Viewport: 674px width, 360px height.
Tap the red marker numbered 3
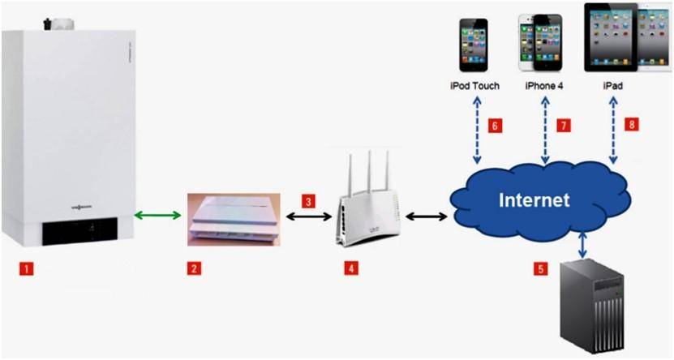tap(307, 199)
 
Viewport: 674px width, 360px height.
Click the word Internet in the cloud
tap(534, 199)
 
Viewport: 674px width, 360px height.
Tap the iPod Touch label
tap(474, 84)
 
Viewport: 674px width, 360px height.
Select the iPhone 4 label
tap(544, 84)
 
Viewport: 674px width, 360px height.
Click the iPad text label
tap(613, 84)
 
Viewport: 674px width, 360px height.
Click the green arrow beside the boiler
tap(157, 216)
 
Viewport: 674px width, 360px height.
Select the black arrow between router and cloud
tap(427, 216)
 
